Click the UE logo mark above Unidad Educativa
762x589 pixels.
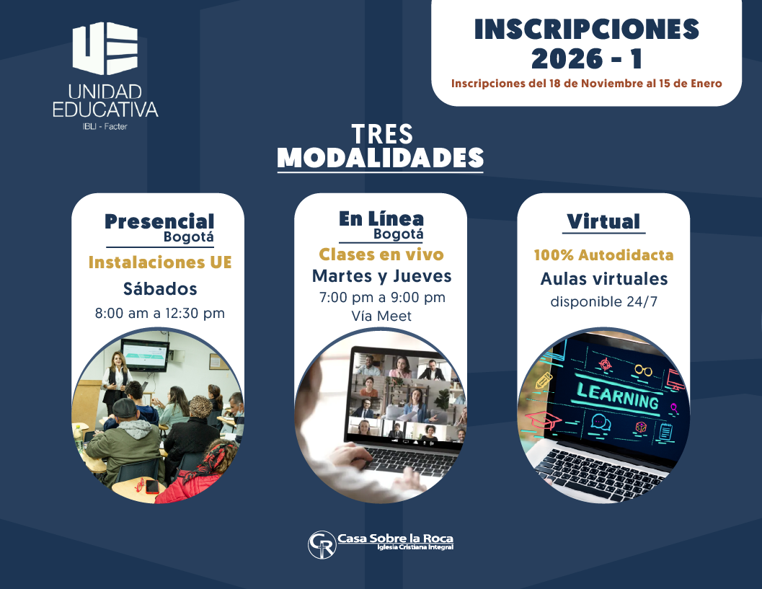pyautogui.click(x=105, y=50)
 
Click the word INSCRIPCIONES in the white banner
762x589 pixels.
pyautogui.click(x=586, y=29)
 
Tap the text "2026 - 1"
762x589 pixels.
pyautogui.click(x=586, y=58)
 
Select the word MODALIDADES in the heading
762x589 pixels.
pyautogui.click(x=380, y=158)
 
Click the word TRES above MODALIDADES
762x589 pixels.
pyautogui.click(x=382, y=133)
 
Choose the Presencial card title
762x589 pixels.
pyautogui.click(x=159, y=221)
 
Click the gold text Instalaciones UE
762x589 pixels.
pyautogui.click(x=159, y=262)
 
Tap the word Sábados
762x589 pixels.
pyautogui.click(x=159, y=289)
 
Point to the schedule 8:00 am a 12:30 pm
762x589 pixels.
pyautogui.click(x=159, y=314)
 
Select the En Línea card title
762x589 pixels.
pyautogui.click(x=381, y=218)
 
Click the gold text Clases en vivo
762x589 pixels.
pyautogui.click(x=381, y=254)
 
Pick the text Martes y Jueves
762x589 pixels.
pyautogui.click(x=381, y=276)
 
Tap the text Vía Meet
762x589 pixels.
pyautogui.click(x=381, y=315)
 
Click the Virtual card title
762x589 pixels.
pyautogui.click(x=603, y=221)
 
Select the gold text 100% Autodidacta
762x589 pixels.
pyautogui.click(x=603, y=255)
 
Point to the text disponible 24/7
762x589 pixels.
pyautogui.click(x=603, y=301)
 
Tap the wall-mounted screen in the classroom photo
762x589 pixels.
pyautogui.click(x=144, y=353)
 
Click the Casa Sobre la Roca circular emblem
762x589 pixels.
pyautogui.click(x=322, y=545)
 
